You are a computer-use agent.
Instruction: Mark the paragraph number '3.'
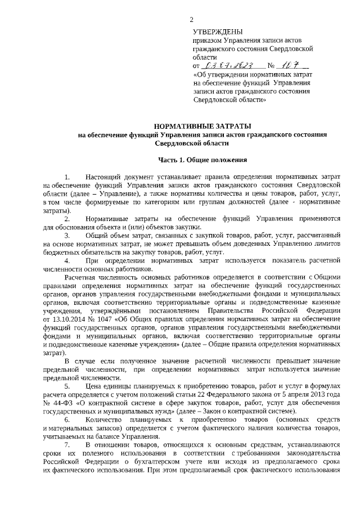67,235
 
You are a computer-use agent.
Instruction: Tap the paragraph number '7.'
67,445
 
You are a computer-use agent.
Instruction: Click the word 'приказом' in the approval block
207,40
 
